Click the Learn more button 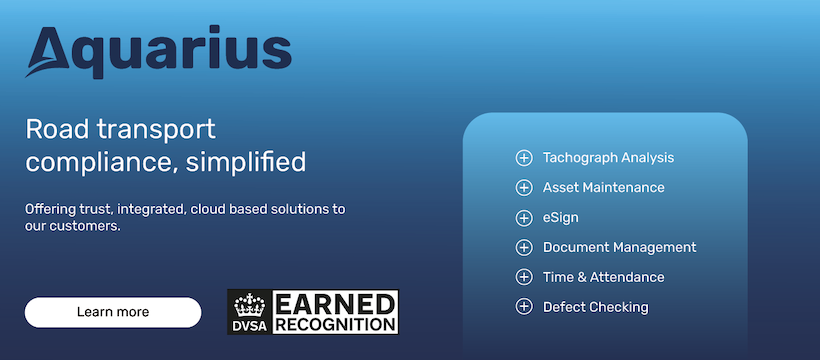113,312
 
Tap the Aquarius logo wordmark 158,51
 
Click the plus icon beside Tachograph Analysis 523,158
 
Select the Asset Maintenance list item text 603,187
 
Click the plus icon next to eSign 523,217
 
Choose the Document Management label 620,247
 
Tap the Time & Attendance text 603,277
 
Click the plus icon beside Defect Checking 523,307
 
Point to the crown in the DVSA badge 250,305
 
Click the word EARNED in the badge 335,304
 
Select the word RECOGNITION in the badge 335,324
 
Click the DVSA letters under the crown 250,325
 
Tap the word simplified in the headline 246,162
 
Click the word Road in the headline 58,129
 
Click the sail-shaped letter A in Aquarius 48,52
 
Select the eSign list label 561,217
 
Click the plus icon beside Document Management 523,247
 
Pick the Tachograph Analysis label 608,158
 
